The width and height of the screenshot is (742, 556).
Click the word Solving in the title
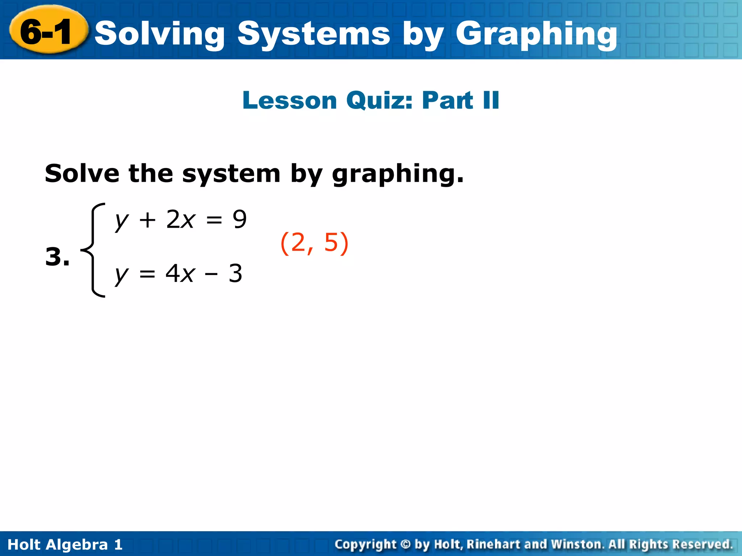(159, 34)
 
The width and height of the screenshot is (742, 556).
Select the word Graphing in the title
(536, 34)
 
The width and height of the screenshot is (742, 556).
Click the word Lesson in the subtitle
(290, 100)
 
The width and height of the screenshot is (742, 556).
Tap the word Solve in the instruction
(82, 173)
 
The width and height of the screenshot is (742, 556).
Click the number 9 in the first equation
(239, 219)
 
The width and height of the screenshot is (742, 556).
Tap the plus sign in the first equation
(147, 220)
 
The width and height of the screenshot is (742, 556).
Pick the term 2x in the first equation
(180, 219)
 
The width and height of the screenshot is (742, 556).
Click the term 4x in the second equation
(180, 274)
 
